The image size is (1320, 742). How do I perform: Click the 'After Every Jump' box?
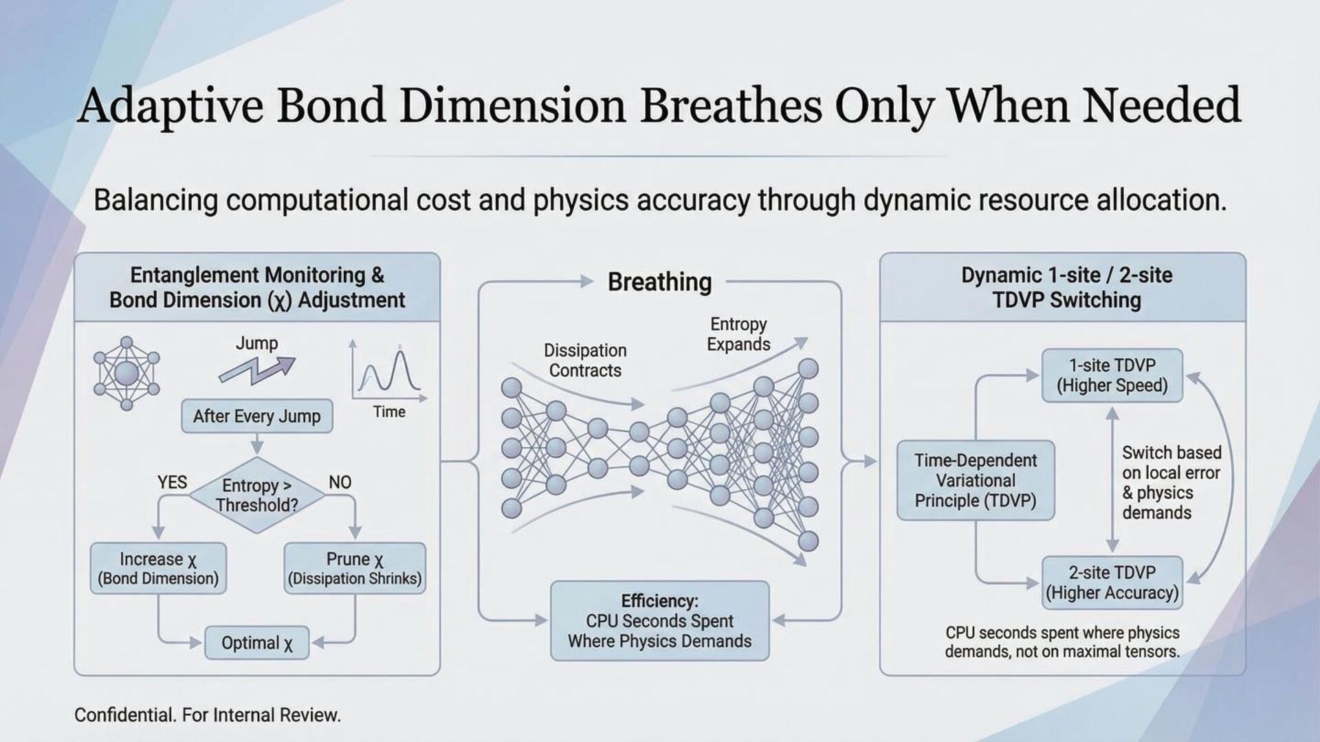point(256,416)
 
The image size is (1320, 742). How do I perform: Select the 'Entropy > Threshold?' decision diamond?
point(256,495)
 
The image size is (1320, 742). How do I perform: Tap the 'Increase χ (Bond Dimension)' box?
point(158,568)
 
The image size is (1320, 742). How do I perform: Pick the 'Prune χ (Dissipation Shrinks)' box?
point(355,568)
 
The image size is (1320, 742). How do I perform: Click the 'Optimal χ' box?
point(256,643)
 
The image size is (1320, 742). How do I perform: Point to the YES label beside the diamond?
point(172,482)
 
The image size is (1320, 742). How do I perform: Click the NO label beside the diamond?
point(340,482)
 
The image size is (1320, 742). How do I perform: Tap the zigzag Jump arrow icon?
point(256,370)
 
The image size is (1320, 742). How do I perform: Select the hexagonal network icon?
point(126,374)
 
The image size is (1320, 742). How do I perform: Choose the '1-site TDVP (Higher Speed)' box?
point(1112,375)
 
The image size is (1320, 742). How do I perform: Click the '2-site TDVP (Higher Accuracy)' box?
point(1112,583)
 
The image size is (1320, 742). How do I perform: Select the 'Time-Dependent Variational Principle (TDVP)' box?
point(976,480)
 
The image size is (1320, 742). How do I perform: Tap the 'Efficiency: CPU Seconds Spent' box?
point(659,621)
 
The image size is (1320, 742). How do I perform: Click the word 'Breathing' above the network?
point(659,282)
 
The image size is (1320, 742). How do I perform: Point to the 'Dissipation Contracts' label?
point(585,361)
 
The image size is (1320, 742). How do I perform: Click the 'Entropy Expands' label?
point(738,334)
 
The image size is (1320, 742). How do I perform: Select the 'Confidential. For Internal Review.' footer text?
point(208,715)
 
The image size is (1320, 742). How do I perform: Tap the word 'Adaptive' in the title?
point(170,106)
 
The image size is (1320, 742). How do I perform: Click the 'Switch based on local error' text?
point(1171,482)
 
